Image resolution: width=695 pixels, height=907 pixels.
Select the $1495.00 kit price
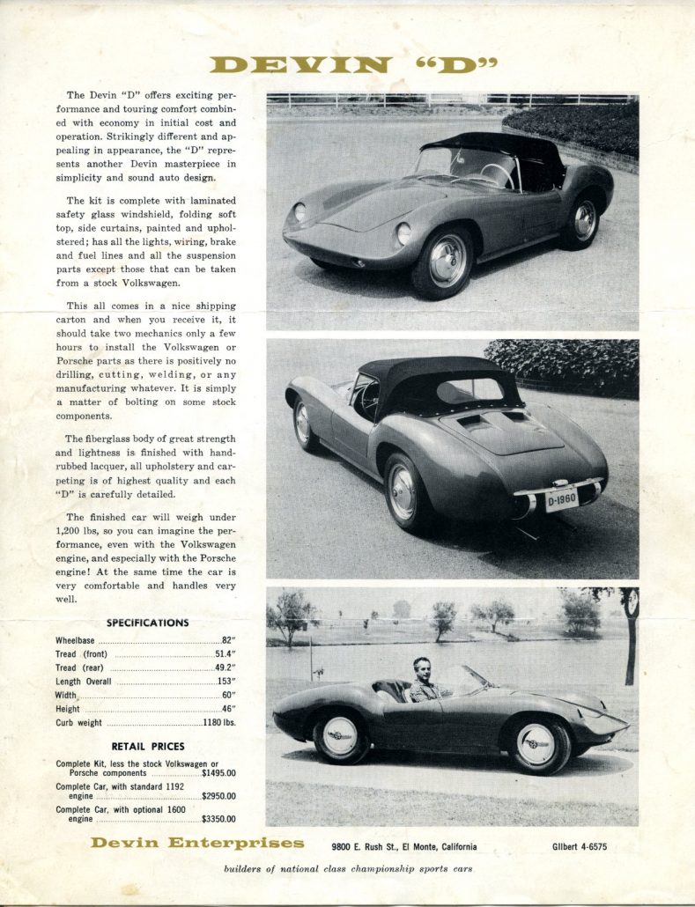click(218, 773)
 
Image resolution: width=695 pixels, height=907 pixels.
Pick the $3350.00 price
click(218, 818)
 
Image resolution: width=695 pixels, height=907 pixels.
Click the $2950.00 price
click(218, 796)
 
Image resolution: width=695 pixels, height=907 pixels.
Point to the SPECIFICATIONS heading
click(147, 623)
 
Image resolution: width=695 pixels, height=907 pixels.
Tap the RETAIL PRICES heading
click(147, 747)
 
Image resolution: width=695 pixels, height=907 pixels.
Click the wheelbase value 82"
click(229, 640)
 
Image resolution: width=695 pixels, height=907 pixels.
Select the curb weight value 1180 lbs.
click(219, 723)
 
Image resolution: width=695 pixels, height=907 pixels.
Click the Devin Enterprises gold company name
click(197, 844)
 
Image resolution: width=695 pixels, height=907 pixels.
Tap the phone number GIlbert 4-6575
click(573, 847)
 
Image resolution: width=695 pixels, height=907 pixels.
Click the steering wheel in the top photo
click(498, 173)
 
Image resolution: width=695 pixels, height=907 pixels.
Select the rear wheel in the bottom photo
click(339, 737)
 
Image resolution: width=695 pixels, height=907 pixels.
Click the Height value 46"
click(227, 709)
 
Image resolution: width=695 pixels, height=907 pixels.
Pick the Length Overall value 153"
click(226, 681)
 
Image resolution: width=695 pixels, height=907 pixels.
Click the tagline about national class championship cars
click(348, 869)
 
